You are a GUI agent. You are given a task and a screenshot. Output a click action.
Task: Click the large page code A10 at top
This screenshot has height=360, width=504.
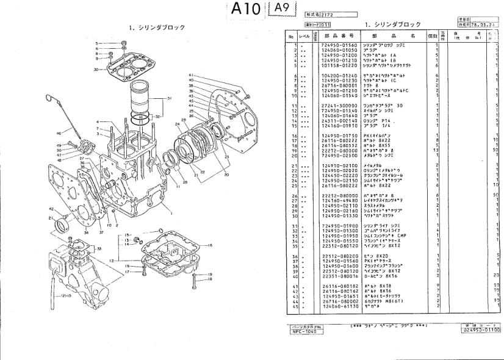pos(247,9)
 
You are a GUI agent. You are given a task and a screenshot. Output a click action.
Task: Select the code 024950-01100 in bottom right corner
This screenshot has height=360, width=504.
pos(480,330)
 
